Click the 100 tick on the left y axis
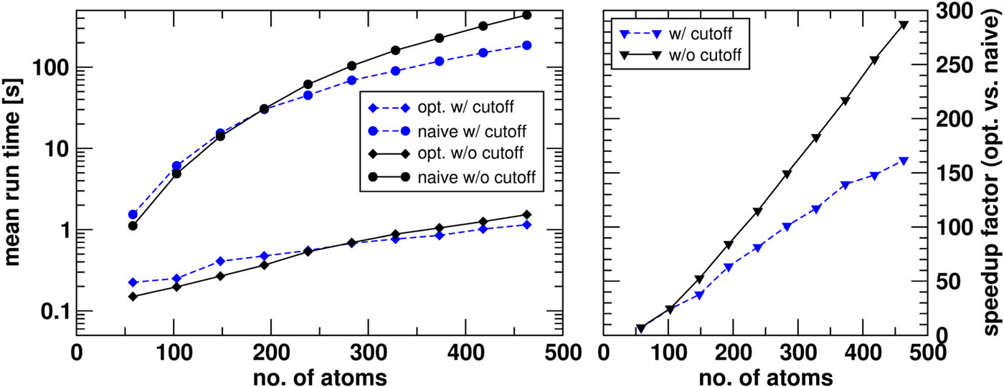(x=54, y=67)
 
